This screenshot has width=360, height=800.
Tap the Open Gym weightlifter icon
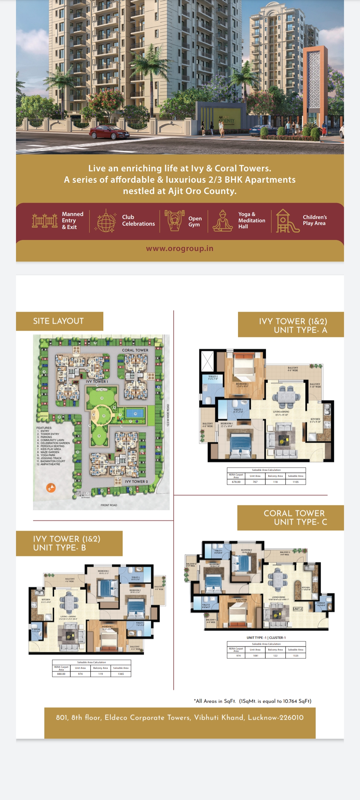coord(174,220)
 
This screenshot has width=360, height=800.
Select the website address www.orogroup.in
coord(180,249)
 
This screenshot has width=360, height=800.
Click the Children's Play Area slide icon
coord(287,221)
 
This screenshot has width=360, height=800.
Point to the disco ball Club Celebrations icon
coord(106,221)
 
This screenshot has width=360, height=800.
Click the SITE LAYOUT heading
coord(58,321)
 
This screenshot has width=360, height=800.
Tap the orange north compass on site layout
coord(51,488)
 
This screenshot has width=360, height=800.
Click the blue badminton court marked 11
coord(135,413)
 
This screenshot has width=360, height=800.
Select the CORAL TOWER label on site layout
coord(135,350)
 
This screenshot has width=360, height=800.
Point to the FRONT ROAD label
coord(109,505)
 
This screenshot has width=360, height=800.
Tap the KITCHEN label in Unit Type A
coord(315,419)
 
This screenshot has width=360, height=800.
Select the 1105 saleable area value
coord(296,482)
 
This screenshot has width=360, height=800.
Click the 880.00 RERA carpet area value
coord(61,674)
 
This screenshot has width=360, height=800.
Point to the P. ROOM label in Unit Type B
coord(36,629)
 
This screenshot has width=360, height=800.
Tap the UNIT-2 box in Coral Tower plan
coord(298,609)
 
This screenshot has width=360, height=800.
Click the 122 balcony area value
coord(275,655)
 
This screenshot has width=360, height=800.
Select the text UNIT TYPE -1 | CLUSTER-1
coord(266,637)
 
